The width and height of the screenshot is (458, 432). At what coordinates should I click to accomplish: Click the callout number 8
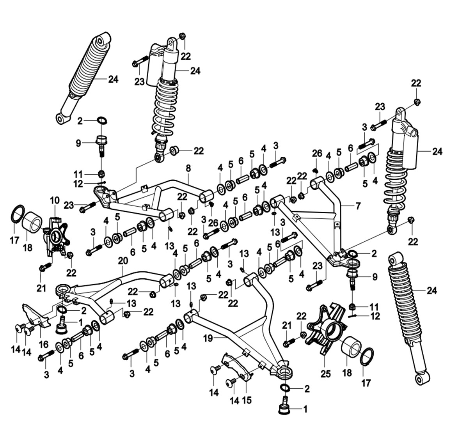188,168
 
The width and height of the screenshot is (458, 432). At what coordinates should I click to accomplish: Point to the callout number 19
208,338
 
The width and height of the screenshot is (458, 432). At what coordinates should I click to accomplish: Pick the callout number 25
325,374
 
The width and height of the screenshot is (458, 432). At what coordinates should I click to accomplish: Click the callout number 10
54,201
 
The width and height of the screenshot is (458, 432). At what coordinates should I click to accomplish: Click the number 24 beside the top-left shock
113,79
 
